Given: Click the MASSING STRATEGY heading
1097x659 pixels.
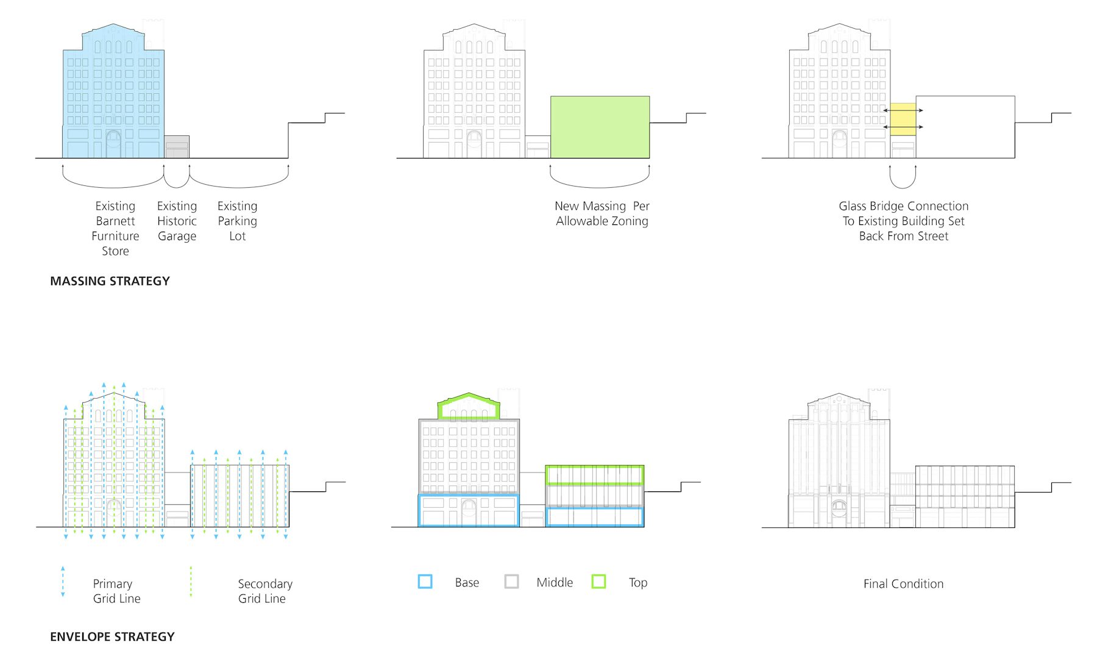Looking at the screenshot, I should coord(110,281).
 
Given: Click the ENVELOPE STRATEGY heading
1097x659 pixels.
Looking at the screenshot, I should coord(112,636).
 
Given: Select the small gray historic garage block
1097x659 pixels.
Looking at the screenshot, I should coord(177,147).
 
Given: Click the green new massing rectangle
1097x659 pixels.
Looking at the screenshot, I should coord(600,127).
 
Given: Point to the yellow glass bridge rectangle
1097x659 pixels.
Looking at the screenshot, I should coord(903,119).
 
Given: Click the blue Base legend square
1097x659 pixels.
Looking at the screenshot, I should coord(425,582).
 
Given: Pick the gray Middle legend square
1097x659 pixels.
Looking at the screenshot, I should coord(512,582).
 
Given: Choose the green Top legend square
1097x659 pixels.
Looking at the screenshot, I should coord(599,582).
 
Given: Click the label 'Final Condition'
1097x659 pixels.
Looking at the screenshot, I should coord(903,584).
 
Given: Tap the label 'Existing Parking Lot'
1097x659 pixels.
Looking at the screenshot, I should coord(238,221).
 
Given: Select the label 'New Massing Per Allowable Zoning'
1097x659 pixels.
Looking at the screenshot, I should coord(602,213).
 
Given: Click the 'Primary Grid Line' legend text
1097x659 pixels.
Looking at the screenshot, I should coord(116,591).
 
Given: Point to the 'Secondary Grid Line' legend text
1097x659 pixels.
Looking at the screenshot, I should coord(264,591).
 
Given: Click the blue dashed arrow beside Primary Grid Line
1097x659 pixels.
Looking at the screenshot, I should coord(63,582).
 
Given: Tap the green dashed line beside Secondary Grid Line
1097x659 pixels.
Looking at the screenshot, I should coord(191,582).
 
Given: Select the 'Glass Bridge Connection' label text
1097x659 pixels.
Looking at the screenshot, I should coord(903,206).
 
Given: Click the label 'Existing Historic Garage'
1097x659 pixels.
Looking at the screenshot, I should coord(177,221).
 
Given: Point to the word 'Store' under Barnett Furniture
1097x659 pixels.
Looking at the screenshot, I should coord(115,251).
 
